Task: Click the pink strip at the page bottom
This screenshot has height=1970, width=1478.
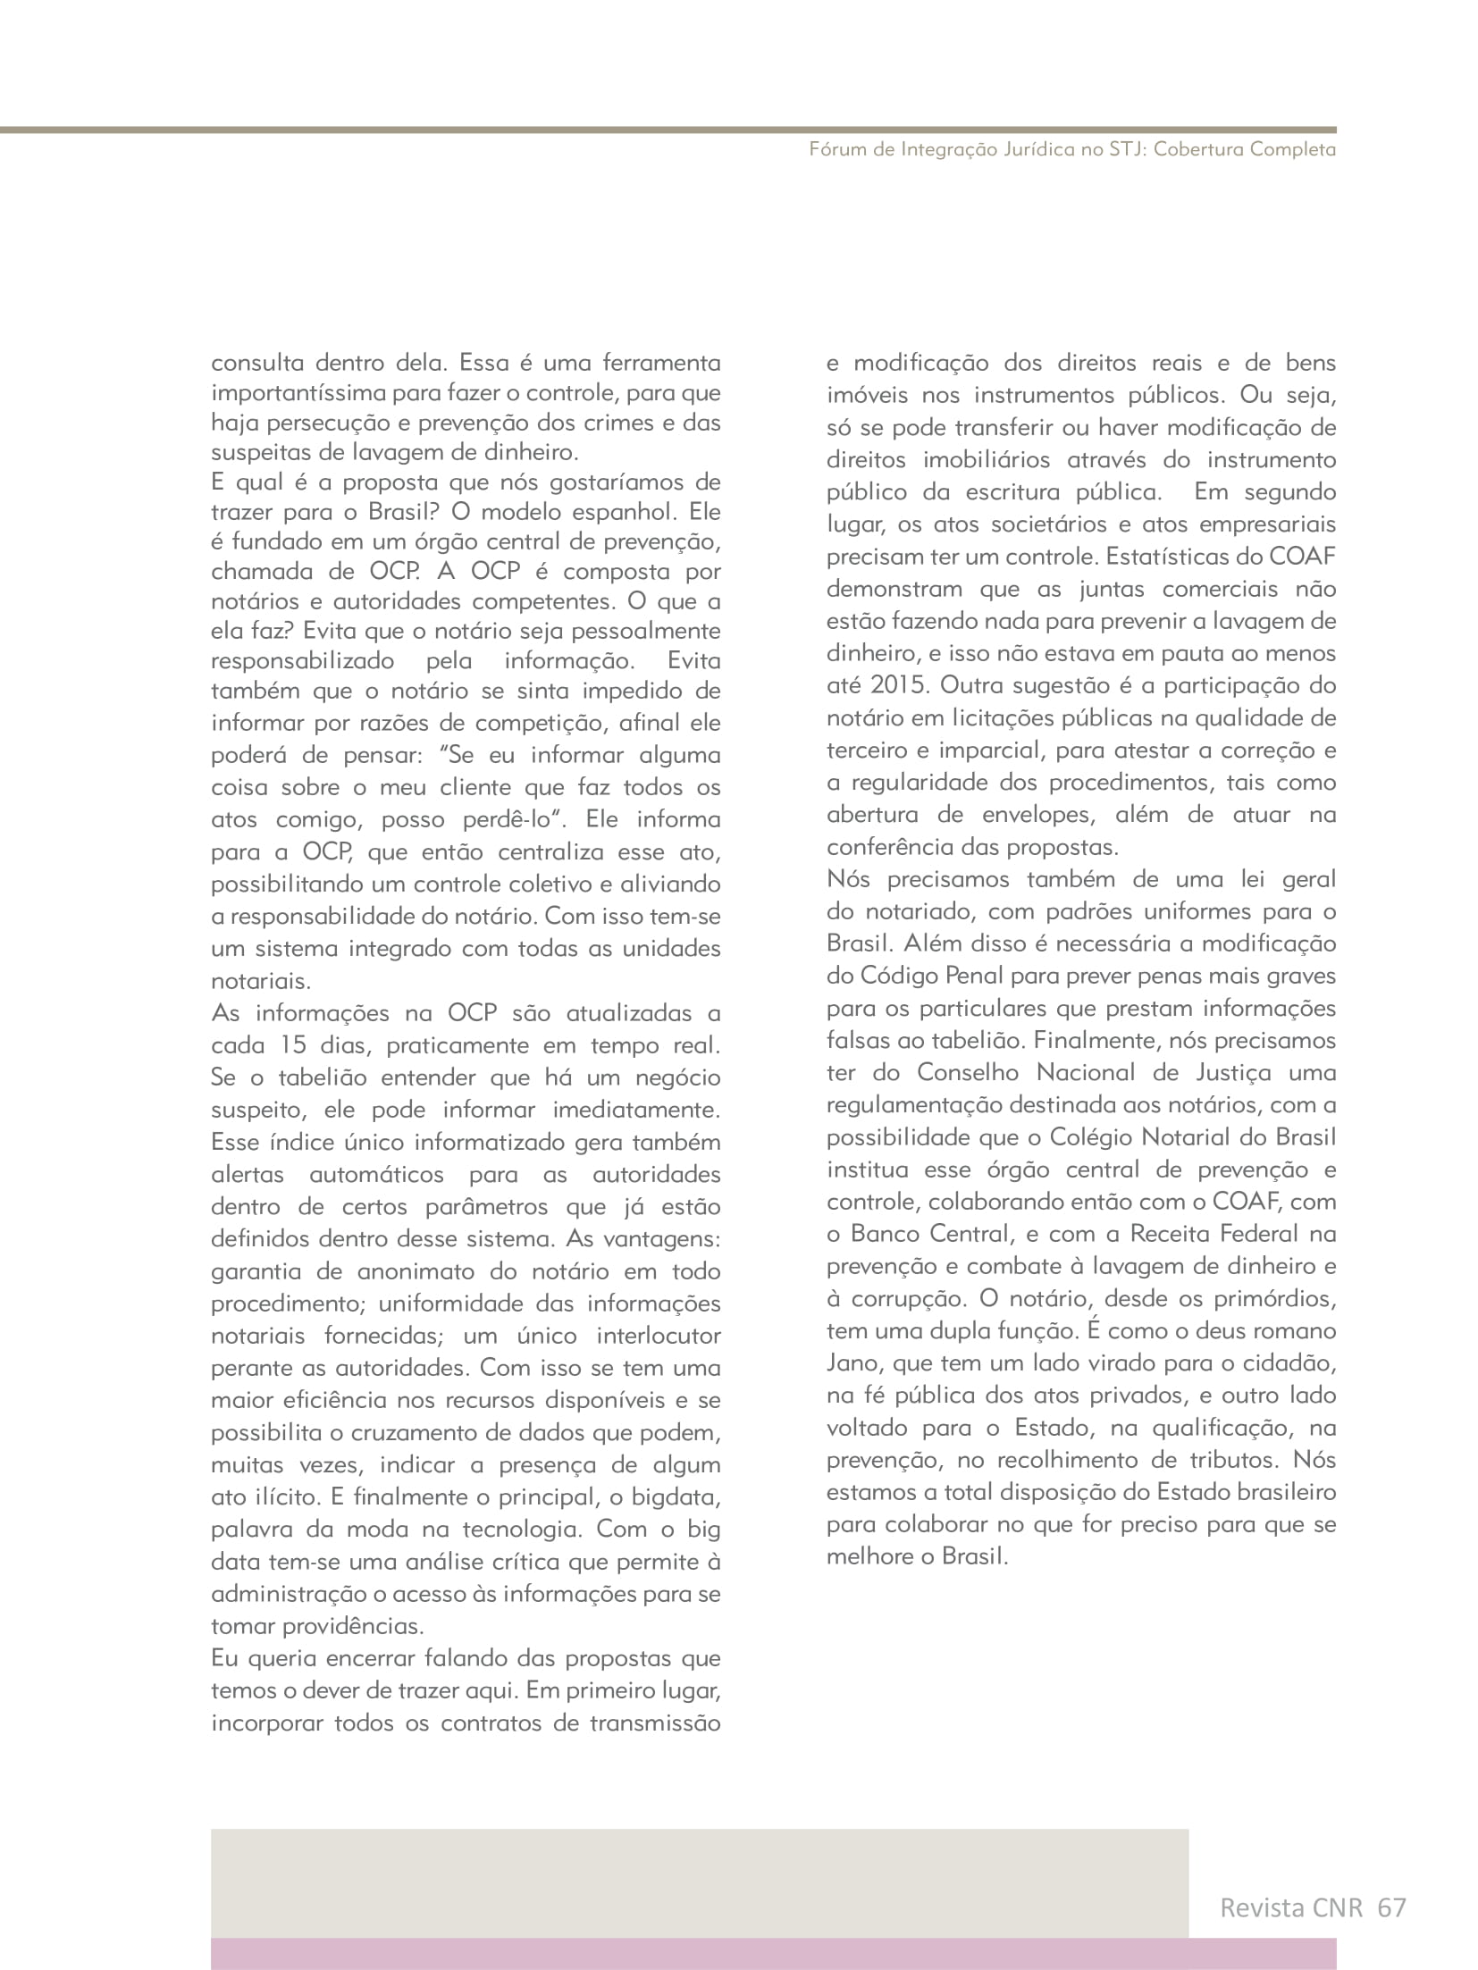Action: (773, 1954)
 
